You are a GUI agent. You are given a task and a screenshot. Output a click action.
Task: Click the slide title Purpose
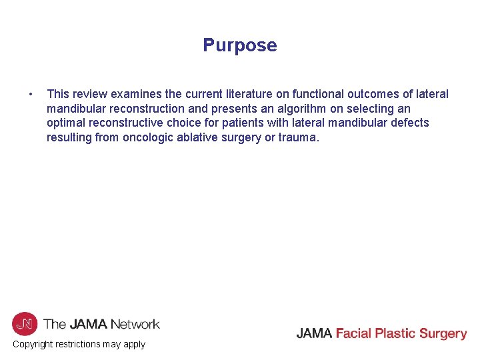240,45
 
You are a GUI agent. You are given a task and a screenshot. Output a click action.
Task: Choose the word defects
409,123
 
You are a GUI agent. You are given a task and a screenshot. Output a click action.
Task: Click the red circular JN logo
24,324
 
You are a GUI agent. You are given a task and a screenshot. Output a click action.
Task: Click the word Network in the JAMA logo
135,325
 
